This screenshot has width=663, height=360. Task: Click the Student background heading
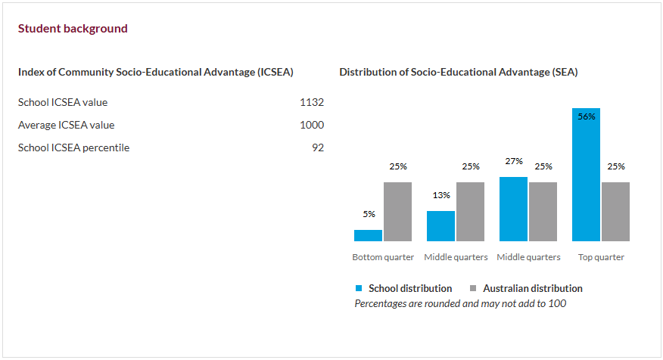(73, 29)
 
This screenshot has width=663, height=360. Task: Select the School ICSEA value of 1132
(311, 102)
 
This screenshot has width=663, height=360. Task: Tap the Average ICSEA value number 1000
(311, 125)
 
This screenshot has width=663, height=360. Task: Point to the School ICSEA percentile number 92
(317, 147)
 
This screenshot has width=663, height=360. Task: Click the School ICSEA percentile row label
(73, 147)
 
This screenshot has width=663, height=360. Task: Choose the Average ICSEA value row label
(67, 125)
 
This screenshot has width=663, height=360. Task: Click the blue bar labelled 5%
(368, 235)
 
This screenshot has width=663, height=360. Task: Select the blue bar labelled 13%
(440, 226)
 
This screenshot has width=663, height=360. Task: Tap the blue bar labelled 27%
(513, 209)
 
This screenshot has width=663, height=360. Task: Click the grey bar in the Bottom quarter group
(397, 212)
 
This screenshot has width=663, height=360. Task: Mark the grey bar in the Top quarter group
(615, 212)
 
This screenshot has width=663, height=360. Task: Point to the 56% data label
(586, 116)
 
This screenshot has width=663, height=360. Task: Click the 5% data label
(369, 214)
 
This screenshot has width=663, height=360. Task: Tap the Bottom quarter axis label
(383, 257)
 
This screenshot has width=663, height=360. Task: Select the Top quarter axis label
(601, 257)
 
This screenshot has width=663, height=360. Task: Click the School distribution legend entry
(409, 288)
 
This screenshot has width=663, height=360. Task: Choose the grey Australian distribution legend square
(474, 288)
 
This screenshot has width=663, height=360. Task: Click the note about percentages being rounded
(460, 303)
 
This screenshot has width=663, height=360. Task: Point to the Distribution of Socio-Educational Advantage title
(458, 72)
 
